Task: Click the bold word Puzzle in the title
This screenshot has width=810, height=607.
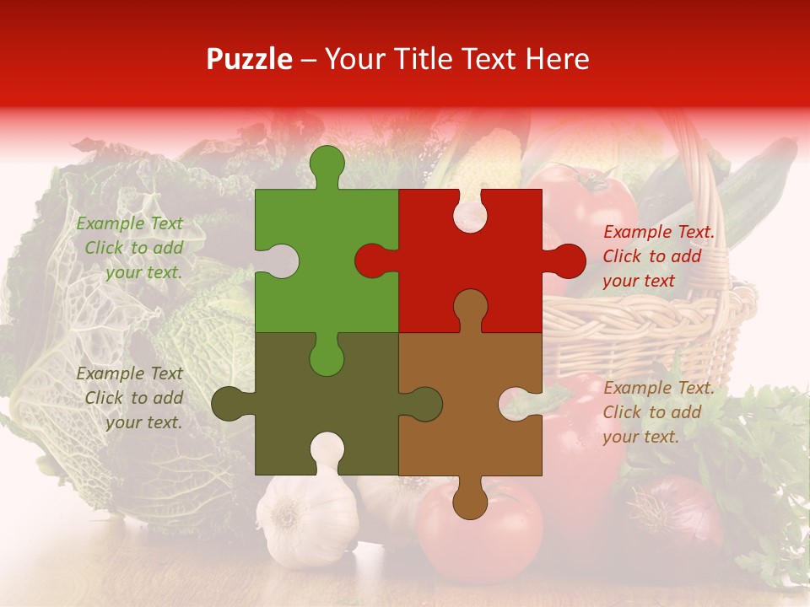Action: [x=250, y=60]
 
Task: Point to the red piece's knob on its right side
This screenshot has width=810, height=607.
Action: [x=567, y=261]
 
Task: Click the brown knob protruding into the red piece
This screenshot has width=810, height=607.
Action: [x=470, y=308]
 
